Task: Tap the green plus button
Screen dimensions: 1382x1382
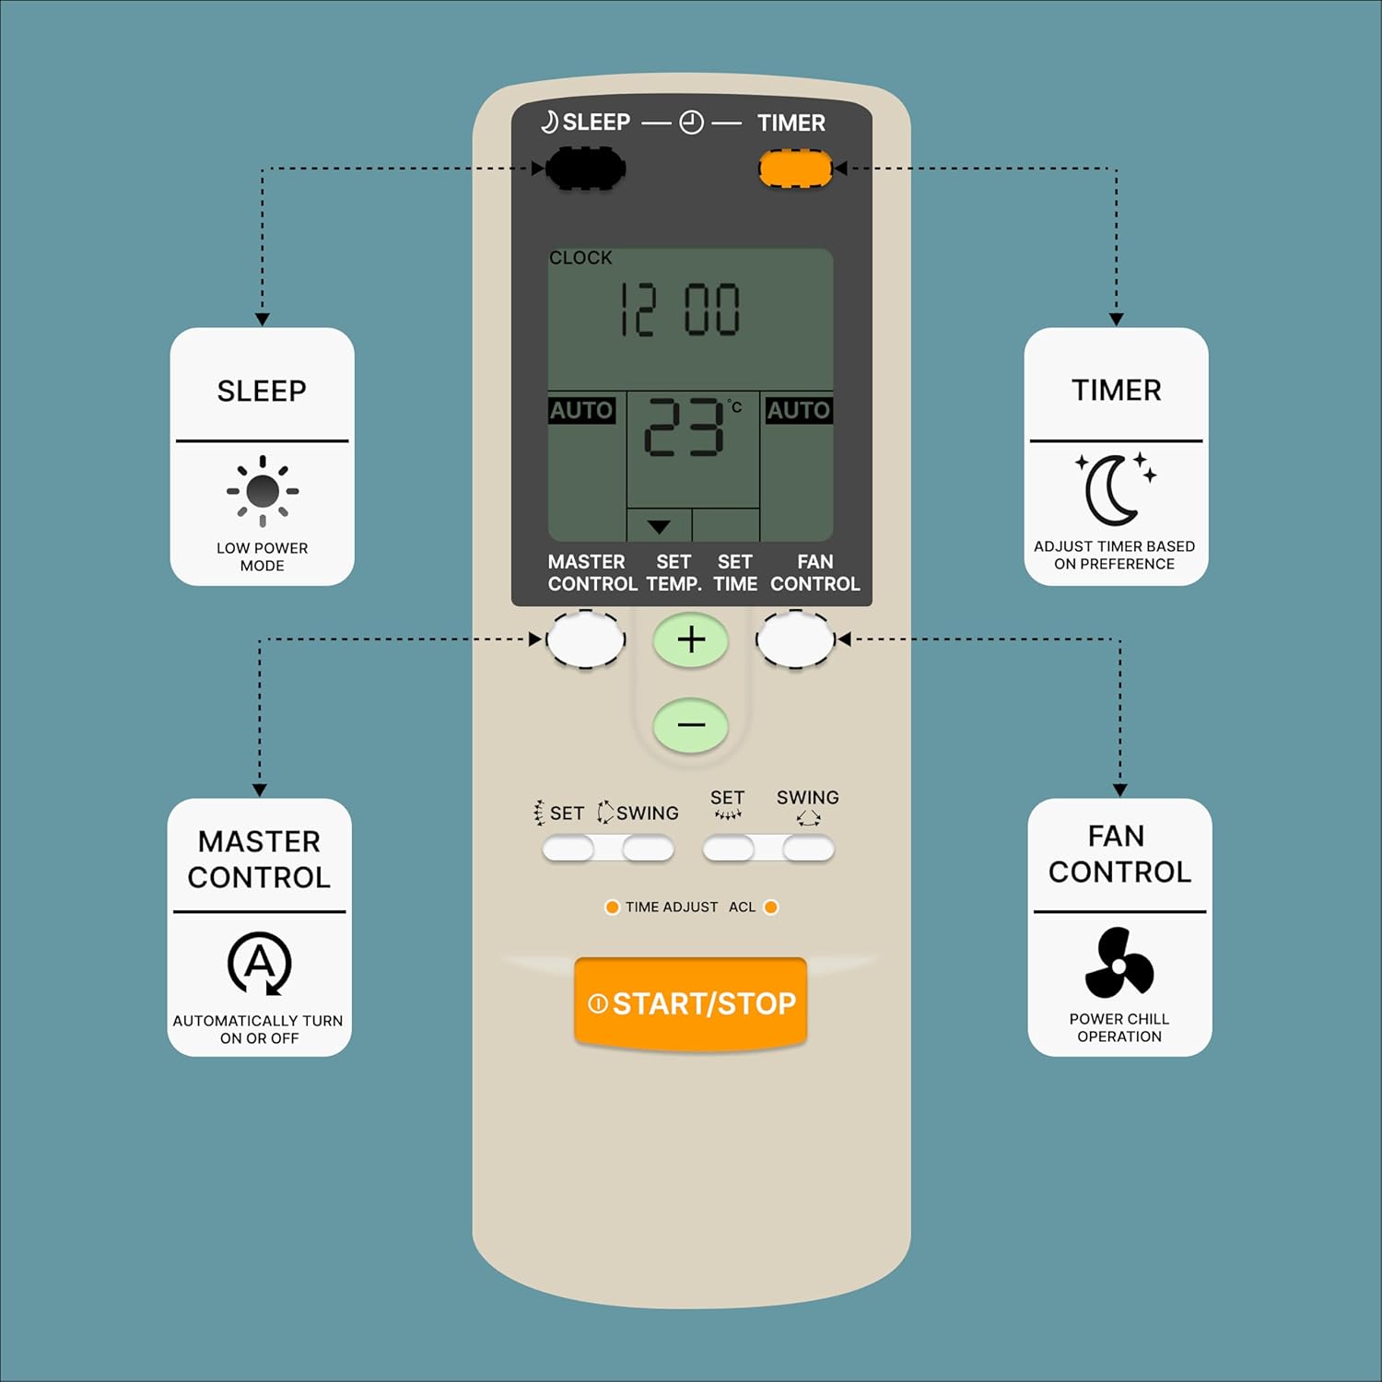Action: click(x=691, y=640)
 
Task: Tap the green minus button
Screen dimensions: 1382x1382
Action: click(x=691, y=725)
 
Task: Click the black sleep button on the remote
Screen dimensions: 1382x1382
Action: click(x=586, y=169)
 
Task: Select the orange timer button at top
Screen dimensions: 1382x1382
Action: click(x=795, y=169)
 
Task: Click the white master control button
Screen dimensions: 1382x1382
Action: click(x=586, y=639)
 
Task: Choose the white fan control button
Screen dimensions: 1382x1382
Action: click(x=795, y=639)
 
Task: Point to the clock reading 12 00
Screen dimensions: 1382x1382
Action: click(x=680, y=310)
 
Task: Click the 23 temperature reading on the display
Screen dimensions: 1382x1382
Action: click(x=684, y=427)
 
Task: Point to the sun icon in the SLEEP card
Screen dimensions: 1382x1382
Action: click(x=263, y=491)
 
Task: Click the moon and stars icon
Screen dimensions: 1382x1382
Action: click(x=1115, y=488)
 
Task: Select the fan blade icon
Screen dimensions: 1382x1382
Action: click(x=1118, y=964)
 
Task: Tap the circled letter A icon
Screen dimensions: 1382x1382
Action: click(x=260, y=964)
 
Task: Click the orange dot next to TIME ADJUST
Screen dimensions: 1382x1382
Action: click(x=612, y=908)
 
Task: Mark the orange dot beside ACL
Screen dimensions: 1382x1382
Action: click(x=771, y=908)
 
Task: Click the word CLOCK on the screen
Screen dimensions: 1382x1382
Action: click(x=580, y=258)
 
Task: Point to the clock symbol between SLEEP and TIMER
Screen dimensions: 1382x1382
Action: click(x=691, y=123)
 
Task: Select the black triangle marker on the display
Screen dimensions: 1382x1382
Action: click(x=658, y=527)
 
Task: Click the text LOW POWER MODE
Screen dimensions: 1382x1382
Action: click(x=263, y=556)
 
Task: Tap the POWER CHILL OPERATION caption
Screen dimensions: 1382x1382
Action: click(x=1119, y=1027)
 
